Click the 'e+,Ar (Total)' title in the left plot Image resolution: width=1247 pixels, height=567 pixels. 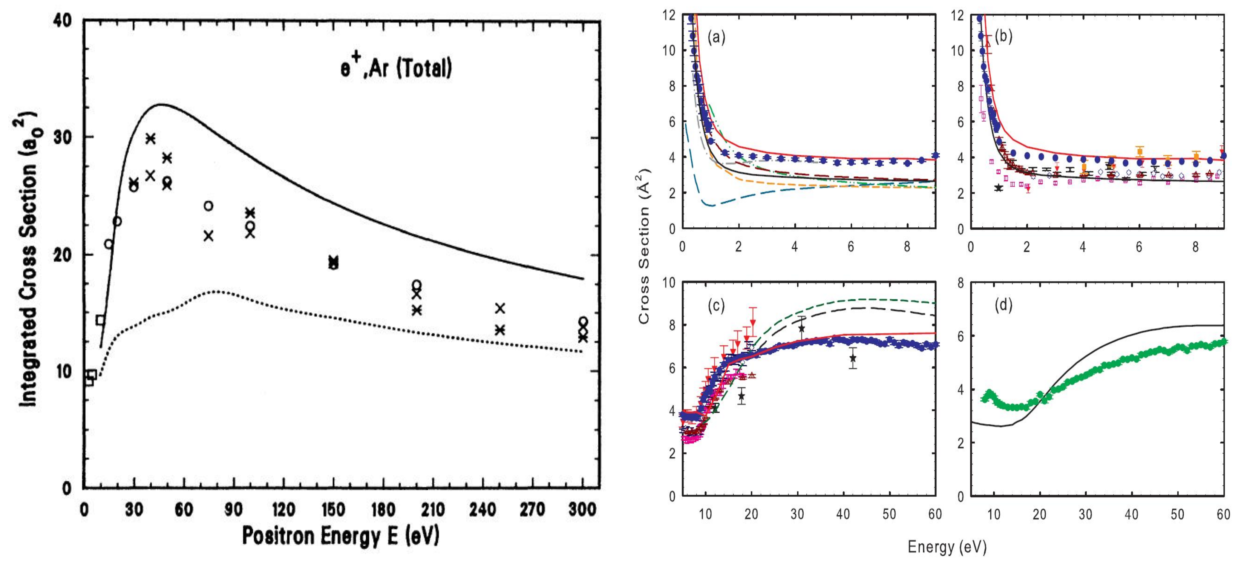click(395, 69)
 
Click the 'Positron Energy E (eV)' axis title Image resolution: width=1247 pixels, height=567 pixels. click(340, 536)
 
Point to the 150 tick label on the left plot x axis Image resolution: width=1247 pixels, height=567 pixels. click(333, 509)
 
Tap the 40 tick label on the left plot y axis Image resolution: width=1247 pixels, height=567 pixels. click(64, 20)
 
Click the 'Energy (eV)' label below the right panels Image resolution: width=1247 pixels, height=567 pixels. click(947, 547)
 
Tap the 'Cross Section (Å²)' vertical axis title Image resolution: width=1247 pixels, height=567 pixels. click(644, 246)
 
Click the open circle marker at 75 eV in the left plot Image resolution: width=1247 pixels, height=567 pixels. click(208, 206)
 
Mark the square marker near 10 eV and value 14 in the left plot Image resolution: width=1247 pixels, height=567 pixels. click(100, 320)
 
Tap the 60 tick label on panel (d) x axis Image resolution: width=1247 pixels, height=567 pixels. click(1223, 514)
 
